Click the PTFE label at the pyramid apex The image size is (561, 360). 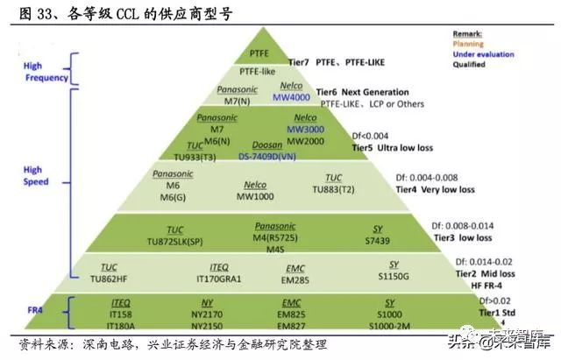click(260, 53)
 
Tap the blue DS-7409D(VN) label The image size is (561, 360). click(267, 155)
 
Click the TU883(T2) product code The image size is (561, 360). click(334, 188)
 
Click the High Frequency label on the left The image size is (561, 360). click(46, 72)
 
